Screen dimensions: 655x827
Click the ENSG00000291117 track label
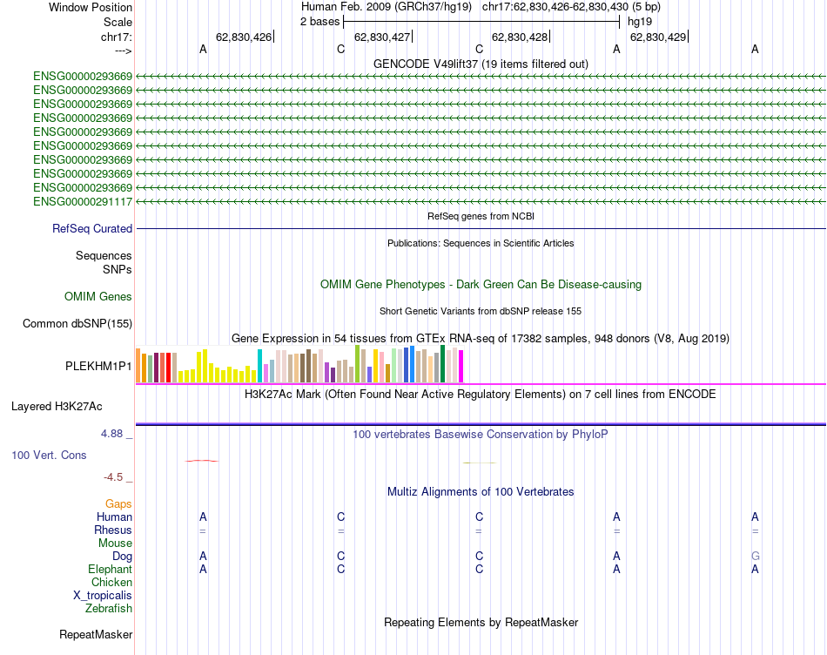[x=83, y=201]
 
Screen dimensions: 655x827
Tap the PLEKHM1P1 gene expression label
[x=98, y=367]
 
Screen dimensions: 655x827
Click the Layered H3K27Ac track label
[x=57, y=407]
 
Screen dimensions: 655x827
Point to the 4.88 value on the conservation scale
[x=115, y=433]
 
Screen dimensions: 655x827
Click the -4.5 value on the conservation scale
[x=117, y=477]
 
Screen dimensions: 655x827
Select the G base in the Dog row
[x=755, y=556]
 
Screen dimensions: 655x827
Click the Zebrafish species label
[x=109, y=609]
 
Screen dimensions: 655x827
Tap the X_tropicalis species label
[x=103, y=596]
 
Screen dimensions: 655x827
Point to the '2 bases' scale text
[x=320, y=21]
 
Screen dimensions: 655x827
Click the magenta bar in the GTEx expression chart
[x=461, y=365]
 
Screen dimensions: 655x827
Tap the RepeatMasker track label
[x=96, y=635]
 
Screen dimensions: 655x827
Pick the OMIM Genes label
[x=98, y=297]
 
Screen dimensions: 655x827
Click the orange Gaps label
[x=118, y=503]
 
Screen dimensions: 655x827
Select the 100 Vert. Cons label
[x=50, y=456]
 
